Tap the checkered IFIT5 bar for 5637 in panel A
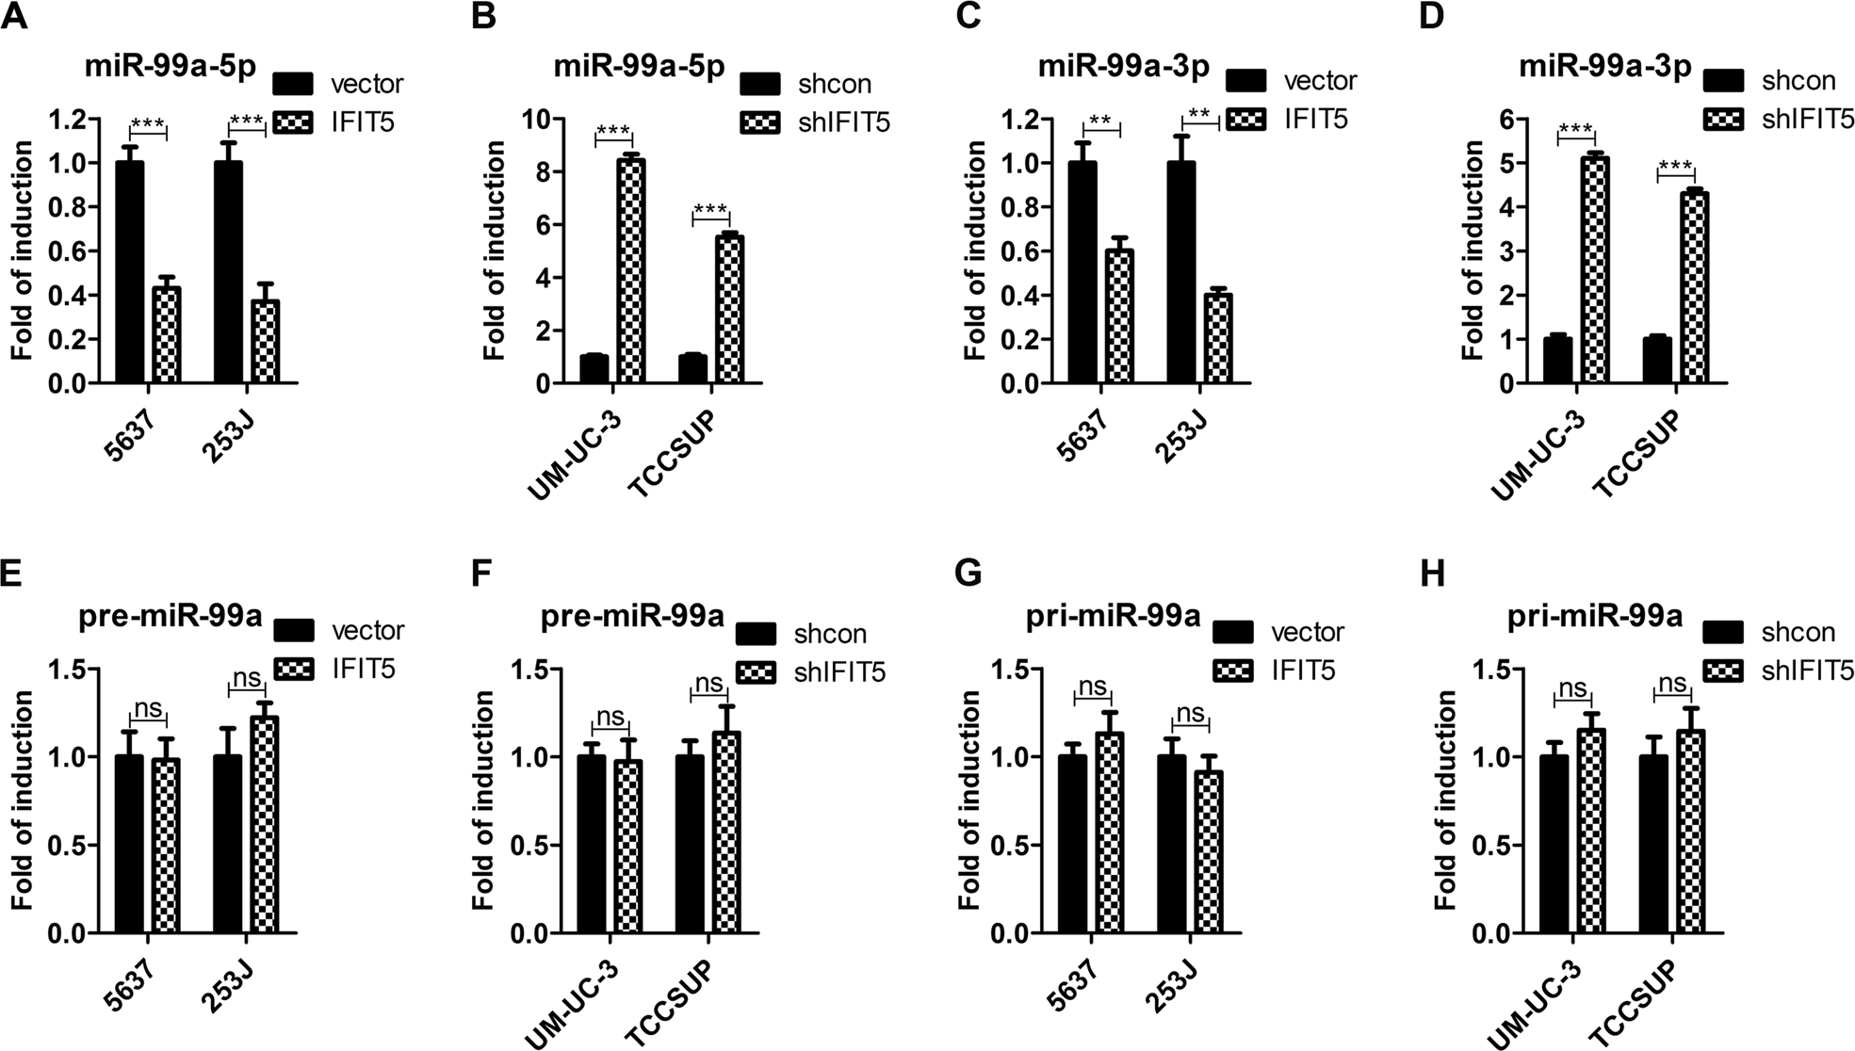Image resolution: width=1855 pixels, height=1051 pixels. coord(166,335)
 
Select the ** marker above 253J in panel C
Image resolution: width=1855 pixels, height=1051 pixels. coord(1199,115)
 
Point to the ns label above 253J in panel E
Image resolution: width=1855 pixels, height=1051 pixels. coord(246,678)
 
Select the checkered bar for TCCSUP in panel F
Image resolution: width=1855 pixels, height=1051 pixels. coord(725,833)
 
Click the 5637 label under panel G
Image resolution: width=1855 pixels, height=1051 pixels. coord(1077,983)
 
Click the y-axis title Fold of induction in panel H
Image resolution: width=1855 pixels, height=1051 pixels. coord(1445,800)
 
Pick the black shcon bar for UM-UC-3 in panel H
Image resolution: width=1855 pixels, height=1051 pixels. coord(1554,844)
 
